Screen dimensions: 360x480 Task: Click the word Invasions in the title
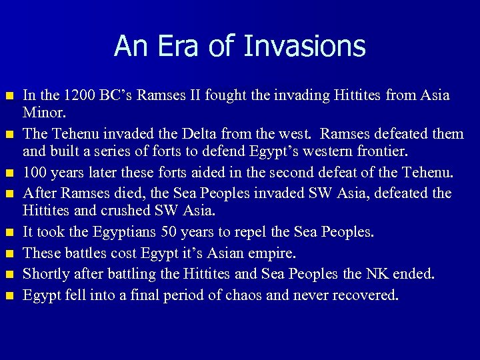click(305, 46)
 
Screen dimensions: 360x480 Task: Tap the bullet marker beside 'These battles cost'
click(9, 254)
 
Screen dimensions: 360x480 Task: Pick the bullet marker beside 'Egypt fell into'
click(9, 295)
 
